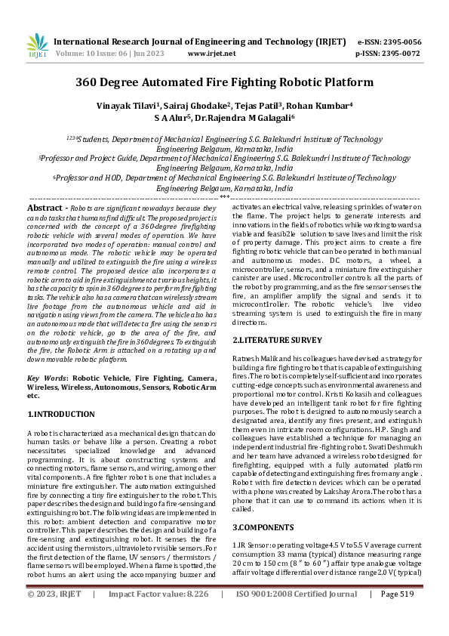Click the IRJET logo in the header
[x=37, y=47]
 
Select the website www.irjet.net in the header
[x=208, y=54]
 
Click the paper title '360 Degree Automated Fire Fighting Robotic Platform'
[x=224, y=82]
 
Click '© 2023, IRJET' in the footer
[x=55, y=616]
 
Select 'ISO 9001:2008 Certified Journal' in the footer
[x=297, y=616]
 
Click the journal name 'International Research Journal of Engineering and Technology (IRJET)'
[x=200, y=43]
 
